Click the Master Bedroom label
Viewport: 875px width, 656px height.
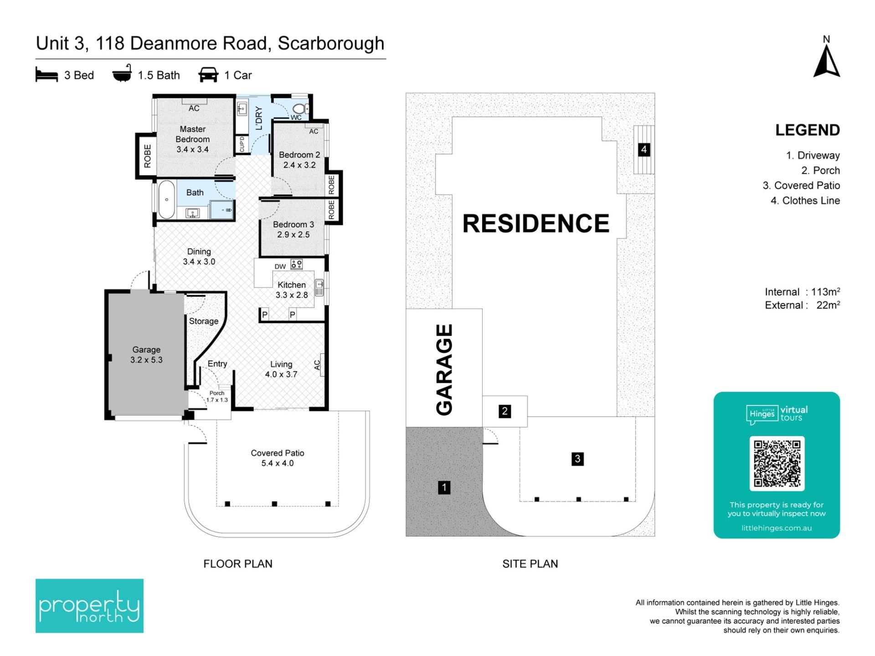pyautogui.click(x=192, y=134)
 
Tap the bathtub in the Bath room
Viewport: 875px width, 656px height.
pyautogui.click(x=167, y=200)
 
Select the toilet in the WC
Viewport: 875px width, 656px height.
pyautogui.click(x=300, y=109)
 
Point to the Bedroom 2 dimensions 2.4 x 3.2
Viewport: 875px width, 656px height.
pyautogui.click(x=299, y=165)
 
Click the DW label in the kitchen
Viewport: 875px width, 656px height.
pyautogui.click(x=280, y=266)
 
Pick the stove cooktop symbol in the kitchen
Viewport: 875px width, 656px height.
pyautogui.click(x=297, y=264)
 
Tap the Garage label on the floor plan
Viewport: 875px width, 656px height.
pyautogui.click(x=146, y=349)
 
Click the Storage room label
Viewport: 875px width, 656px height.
pyautogui.click(x=204, y=321)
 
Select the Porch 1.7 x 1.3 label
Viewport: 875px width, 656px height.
pyautogui.click(x=217, y=396)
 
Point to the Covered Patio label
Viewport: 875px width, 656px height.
pyautogui.click(x=278, y=453)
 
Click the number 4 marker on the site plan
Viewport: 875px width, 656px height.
pyautogui.click(x=644, y=149)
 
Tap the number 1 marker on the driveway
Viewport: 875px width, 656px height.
pyautogui.click(x=444, y=487)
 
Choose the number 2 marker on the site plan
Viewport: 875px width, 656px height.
pyautogui.click(x=504, y=411)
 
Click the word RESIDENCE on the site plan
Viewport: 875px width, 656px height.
pyautogui.click(x=536, y=223)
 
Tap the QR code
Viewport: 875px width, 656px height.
pyautogui.click(x=777, y=463)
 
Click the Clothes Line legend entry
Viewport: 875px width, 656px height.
pyautogui.click(x=805, y=200)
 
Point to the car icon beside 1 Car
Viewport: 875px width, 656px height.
pyautogui.click(x=208, y=75)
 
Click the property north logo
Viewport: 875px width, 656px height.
pyautogui.click(x=89, y=605)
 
